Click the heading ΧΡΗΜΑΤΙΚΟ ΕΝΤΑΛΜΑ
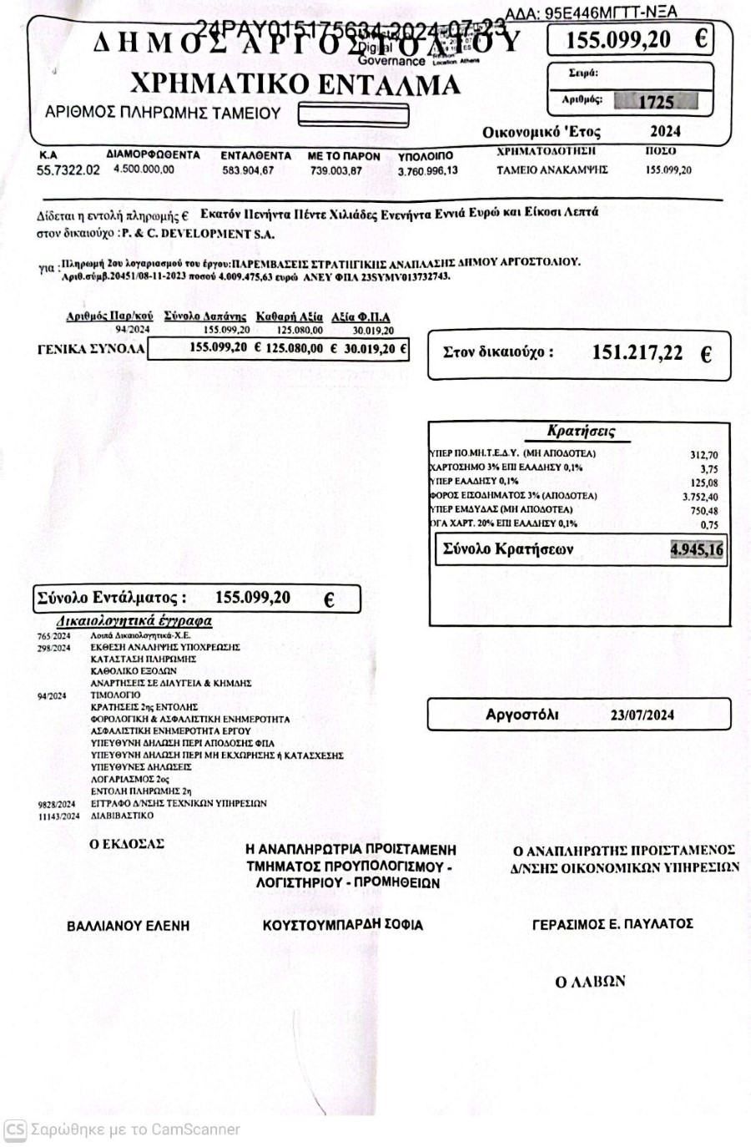(295, 84)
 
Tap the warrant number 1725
(656, 102)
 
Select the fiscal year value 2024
(665, 131)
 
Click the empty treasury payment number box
(353, 114)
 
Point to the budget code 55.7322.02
(68, 169)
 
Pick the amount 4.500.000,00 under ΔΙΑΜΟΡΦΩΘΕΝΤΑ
(144, 169)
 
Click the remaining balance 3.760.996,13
(427, 170)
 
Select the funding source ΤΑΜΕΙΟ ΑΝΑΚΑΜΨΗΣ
(552, 169)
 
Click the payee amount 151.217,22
(637, 353)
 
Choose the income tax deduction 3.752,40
(700, 497)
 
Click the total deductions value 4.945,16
(697, 549)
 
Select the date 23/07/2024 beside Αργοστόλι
(642, 715)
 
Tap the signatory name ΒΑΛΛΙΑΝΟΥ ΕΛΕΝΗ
(128, 925)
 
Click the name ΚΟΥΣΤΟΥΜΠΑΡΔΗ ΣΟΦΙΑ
(342, 924)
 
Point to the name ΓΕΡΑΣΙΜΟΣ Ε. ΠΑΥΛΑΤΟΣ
(612, 923)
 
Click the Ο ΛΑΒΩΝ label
(590, 982)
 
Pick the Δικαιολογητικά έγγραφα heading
(134, 621)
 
